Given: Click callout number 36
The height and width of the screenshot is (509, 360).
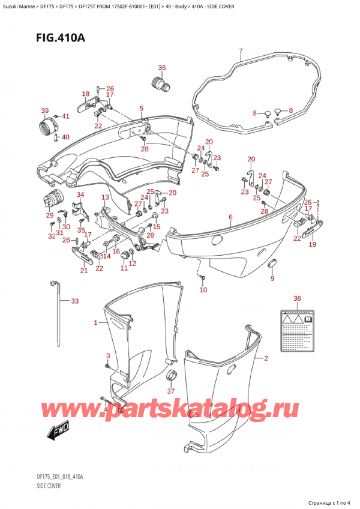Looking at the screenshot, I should coord(162,67).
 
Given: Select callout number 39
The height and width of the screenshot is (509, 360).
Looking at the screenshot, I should coord(44,110).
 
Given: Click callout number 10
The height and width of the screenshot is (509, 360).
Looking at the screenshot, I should coord(203,291).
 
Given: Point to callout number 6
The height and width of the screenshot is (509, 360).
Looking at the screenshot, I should coord(230,217).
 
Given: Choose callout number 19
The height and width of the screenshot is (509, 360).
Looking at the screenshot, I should coord(312,245).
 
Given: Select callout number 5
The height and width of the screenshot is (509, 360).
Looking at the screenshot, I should coord(141,109).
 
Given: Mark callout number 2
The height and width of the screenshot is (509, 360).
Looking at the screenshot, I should coord(266,358).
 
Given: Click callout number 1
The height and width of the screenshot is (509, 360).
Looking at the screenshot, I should coord(95,324).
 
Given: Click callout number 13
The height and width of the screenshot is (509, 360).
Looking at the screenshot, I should coord(104,197).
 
